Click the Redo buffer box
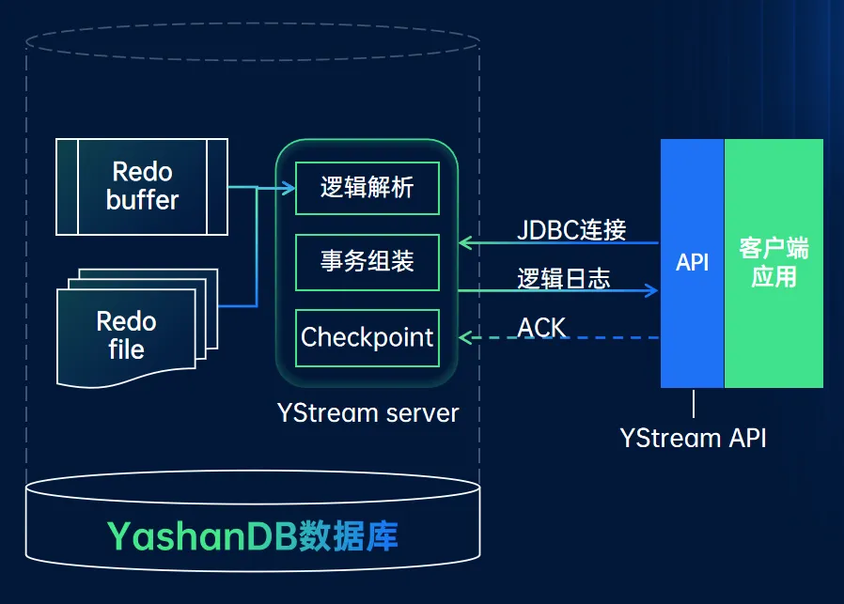pos(142,186)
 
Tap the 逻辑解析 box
pos(367,188)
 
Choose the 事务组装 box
pos(367,261)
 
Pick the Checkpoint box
pos(367,337)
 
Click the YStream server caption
pos(367,412)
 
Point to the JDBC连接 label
pos(571,229)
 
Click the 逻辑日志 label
pos(564,278)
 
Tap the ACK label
pos(542,327)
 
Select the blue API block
pos(692,263)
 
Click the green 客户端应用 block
pos(774,263)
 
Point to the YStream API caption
pos(693,438)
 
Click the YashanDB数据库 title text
pos(253,535)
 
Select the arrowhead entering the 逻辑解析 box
pos(288,189)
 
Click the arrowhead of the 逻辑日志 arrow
pos(651,291)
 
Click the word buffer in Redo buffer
pos(142,199)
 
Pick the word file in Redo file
pos(126,349)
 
